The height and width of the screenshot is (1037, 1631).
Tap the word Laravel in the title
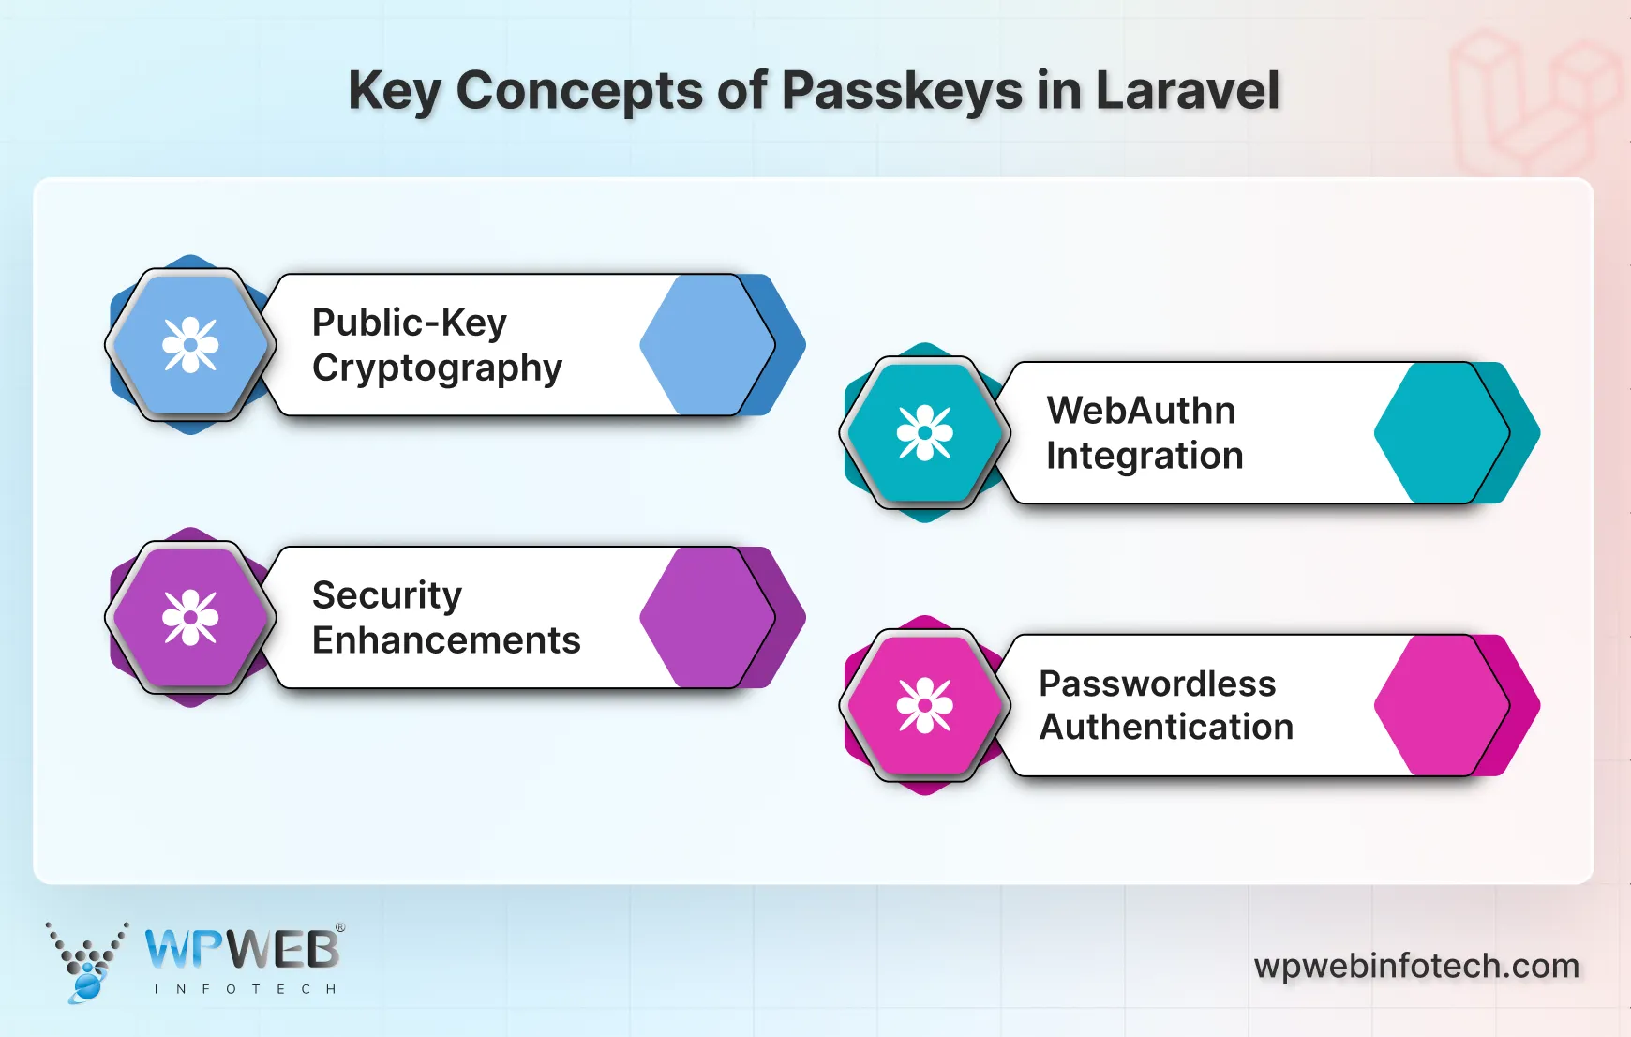click(1187, 91)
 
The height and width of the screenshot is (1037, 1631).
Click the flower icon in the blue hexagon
click(190, 345)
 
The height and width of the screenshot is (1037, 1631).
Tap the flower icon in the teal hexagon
click(925, 432)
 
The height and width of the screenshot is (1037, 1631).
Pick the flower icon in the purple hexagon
click(190, 617)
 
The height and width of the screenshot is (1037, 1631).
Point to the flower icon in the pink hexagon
click(925, 704)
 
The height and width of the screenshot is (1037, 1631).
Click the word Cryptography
click(437, 368)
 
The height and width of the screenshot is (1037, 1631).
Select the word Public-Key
click(410, 323)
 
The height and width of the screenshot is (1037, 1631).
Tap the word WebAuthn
click(1141, 410)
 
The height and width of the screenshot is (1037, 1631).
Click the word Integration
click(1145, 456)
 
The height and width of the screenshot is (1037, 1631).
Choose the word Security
click(387, 595)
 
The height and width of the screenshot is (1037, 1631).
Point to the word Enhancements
click(446, 640)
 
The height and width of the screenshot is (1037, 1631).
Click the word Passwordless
click(1158, 684)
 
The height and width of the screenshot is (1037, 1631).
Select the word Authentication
click(1166, 728)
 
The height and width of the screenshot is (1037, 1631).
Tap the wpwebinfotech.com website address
click(1416, 966)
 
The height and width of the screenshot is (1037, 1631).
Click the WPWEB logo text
click(242, 950)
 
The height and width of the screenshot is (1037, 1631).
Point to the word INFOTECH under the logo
click(245, 989)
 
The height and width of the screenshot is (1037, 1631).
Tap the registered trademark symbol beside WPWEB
click(340, 927)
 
